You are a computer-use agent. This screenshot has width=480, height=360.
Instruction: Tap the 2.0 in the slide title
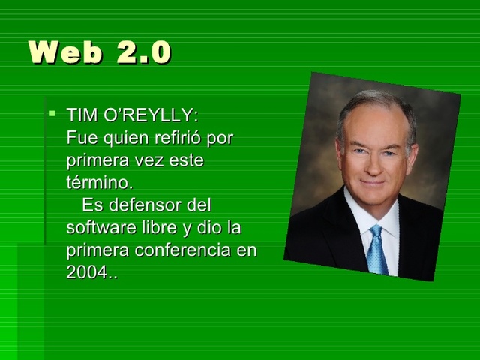(x=144, y=52)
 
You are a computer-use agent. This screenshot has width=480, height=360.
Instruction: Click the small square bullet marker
(x=52, y=115)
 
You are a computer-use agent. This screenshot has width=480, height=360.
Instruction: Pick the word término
(x=99, y=183)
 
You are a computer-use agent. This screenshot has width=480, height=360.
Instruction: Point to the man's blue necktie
(x=376, y=248)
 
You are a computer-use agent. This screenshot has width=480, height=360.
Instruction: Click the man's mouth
(x=373, y=183)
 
